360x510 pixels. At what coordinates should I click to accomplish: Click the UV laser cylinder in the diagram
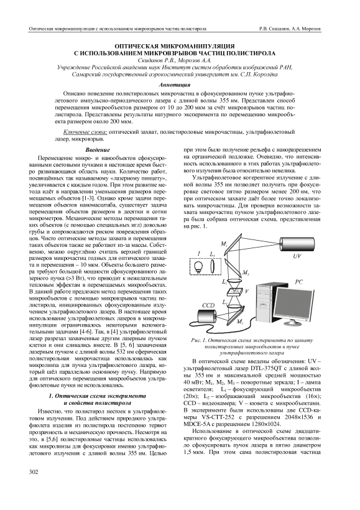coord(297,243)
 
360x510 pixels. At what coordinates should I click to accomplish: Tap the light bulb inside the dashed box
coord(198,267)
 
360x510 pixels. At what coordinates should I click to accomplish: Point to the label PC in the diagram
coord(298,282)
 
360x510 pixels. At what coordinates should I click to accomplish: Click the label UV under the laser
coord(296,256)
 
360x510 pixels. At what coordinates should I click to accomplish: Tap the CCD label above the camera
coord(208,305)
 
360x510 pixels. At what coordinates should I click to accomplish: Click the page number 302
coord(34,471)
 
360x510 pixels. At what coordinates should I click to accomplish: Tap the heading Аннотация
coord(174,85)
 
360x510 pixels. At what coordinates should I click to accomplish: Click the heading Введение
coord(98,151)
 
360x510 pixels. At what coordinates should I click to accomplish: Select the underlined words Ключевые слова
coord(86,132)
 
